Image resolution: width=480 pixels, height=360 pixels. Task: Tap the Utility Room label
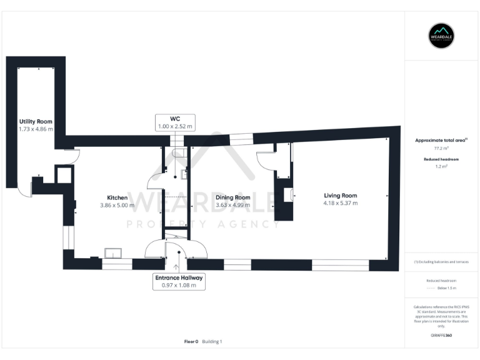[36, 121]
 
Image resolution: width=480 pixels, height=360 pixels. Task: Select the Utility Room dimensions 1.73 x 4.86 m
[36, 129]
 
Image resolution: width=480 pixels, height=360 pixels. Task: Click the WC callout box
[175, 122]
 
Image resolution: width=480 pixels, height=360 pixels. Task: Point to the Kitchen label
[117, 197]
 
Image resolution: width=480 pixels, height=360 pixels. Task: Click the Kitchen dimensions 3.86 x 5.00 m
[117, 205]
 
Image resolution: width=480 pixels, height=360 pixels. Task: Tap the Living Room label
[340, 196]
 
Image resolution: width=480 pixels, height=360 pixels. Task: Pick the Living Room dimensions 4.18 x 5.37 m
[340, 203]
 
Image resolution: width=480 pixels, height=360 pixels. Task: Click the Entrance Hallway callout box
[179, 281]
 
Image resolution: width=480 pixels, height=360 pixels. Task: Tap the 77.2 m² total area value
[442, 149]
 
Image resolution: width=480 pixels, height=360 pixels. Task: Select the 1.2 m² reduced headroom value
[442, 167]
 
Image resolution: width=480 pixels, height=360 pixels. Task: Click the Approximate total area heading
[442, 141]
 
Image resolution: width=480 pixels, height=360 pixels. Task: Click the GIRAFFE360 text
[442, 336]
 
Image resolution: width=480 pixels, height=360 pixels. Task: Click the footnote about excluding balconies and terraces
[442, 262]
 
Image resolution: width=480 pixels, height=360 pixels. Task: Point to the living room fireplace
[288, 196]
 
